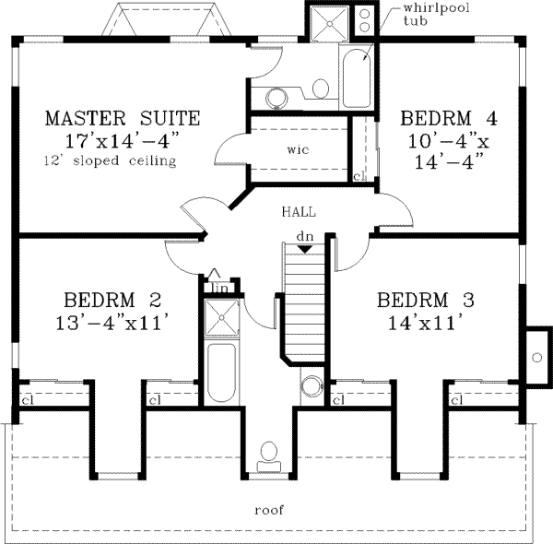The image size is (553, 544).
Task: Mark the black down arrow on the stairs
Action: (x=304, y=249)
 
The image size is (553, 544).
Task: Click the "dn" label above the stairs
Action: (x=305, y=237)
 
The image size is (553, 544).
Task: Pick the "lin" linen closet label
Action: (x=219, y=288)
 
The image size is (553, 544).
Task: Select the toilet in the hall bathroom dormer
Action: (x=269, y=452)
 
